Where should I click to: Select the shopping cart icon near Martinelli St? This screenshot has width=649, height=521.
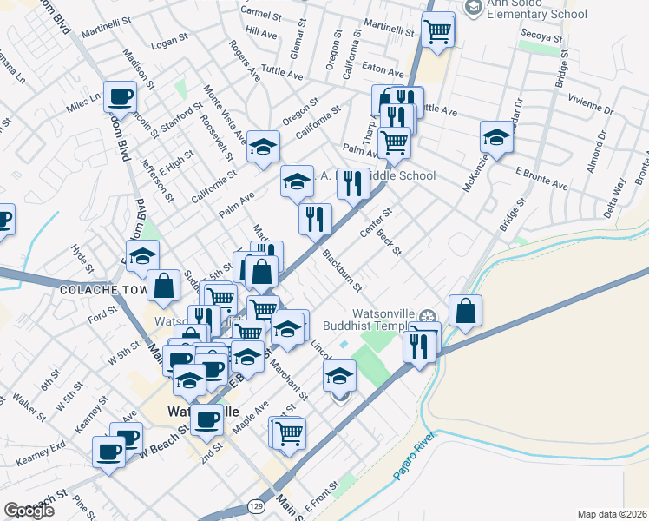[438, 30]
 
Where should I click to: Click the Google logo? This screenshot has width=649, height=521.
[29, 511]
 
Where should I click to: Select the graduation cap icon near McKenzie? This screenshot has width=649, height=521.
[497, 137]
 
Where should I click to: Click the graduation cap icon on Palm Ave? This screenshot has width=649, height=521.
[297, 182]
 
